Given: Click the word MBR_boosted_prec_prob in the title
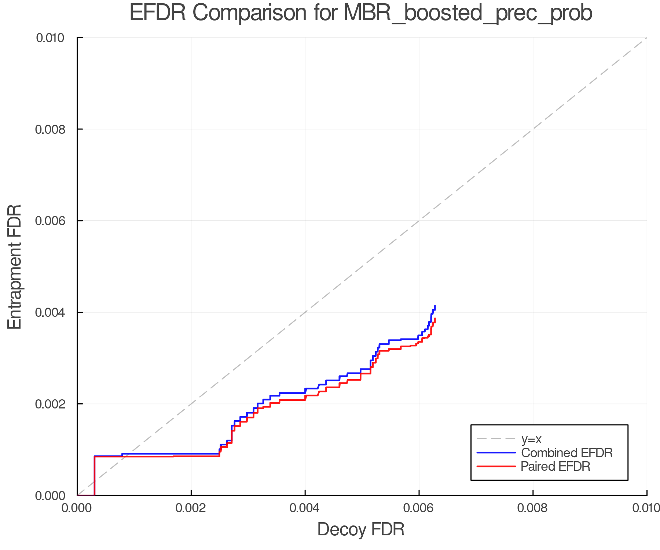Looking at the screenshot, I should coord(468,14).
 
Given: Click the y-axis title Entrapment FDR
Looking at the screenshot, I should coord(15,267).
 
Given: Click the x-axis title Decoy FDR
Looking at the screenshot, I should coord(361,529).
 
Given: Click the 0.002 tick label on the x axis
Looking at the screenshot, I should coord(191,508).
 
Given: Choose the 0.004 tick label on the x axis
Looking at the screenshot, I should coord(305,508).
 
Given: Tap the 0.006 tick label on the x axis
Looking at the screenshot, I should coord(419,508).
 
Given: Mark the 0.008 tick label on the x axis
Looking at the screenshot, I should coord(533,508).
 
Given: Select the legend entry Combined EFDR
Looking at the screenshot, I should coord(566,453).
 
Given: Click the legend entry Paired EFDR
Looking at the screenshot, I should coord(555,466).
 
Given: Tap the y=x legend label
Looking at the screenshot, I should coord(531,439).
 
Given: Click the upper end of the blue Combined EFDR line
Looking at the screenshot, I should coord(435,306).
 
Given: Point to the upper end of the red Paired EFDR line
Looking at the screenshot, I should coord(435,319).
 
